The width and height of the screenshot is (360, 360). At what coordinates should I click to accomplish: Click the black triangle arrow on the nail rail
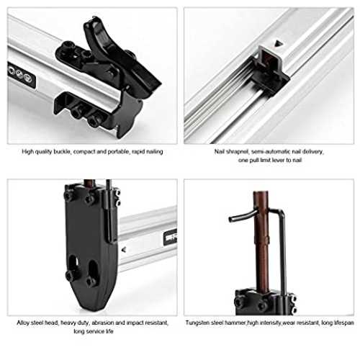click(x=279, y=43)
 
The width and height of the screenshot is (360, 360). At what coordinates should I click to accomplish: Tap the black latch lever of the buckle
click(x=120, y=55)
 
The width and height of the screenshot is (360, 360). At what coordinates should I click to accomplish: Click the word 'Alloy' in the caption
click(x=23, y=323)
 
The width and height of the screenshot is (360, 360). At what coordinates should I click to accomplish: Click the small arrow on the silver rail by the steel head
click(x=124, y=250)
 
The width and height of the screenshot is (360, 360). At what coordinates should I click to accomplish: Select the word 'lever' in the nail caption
click(x=279, y=160)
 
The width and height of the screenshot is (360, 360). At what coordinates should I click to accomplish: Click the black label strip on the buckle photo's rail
click(x=21, y=74)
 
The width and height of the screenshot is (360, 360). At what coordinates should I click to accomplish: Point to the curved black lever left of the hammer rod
click(x=241, y=216)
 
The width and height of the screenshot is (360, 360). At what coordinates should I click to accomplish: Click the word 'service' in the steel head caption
click(x=94, y=331)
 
